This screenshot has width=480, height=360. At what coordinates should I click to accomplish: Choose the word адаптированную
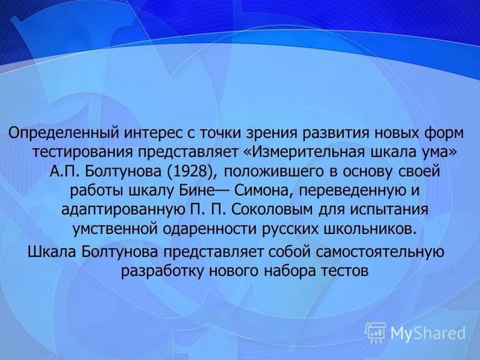pos(121,210)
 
